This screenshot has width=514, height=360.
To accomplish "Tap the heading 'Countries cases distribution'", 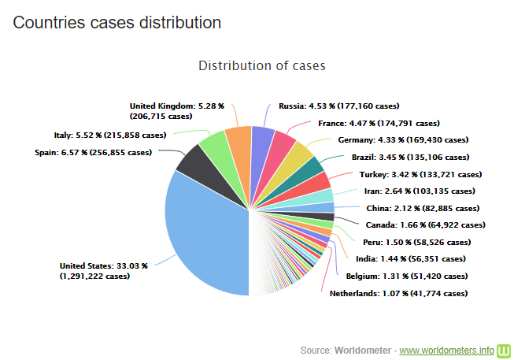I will (116, 22).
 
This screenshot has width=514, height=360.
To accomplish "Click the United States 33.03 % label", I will (103, 271).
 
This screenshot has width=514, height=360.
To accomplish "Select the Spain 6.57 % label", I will (93, 152).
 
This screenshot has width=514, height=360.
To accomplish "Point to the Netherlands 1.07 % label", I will (398, 294).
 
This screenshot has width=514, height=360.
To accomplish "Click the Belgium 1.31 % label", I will (406, 276).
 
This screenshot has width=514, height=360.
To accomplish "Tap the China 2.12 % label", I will (422, 209).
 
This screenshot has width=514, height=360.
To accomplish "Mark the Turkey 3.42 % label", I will (420, 174).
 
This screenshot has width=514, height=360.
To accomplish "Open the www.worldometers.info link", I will (447, 349).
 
